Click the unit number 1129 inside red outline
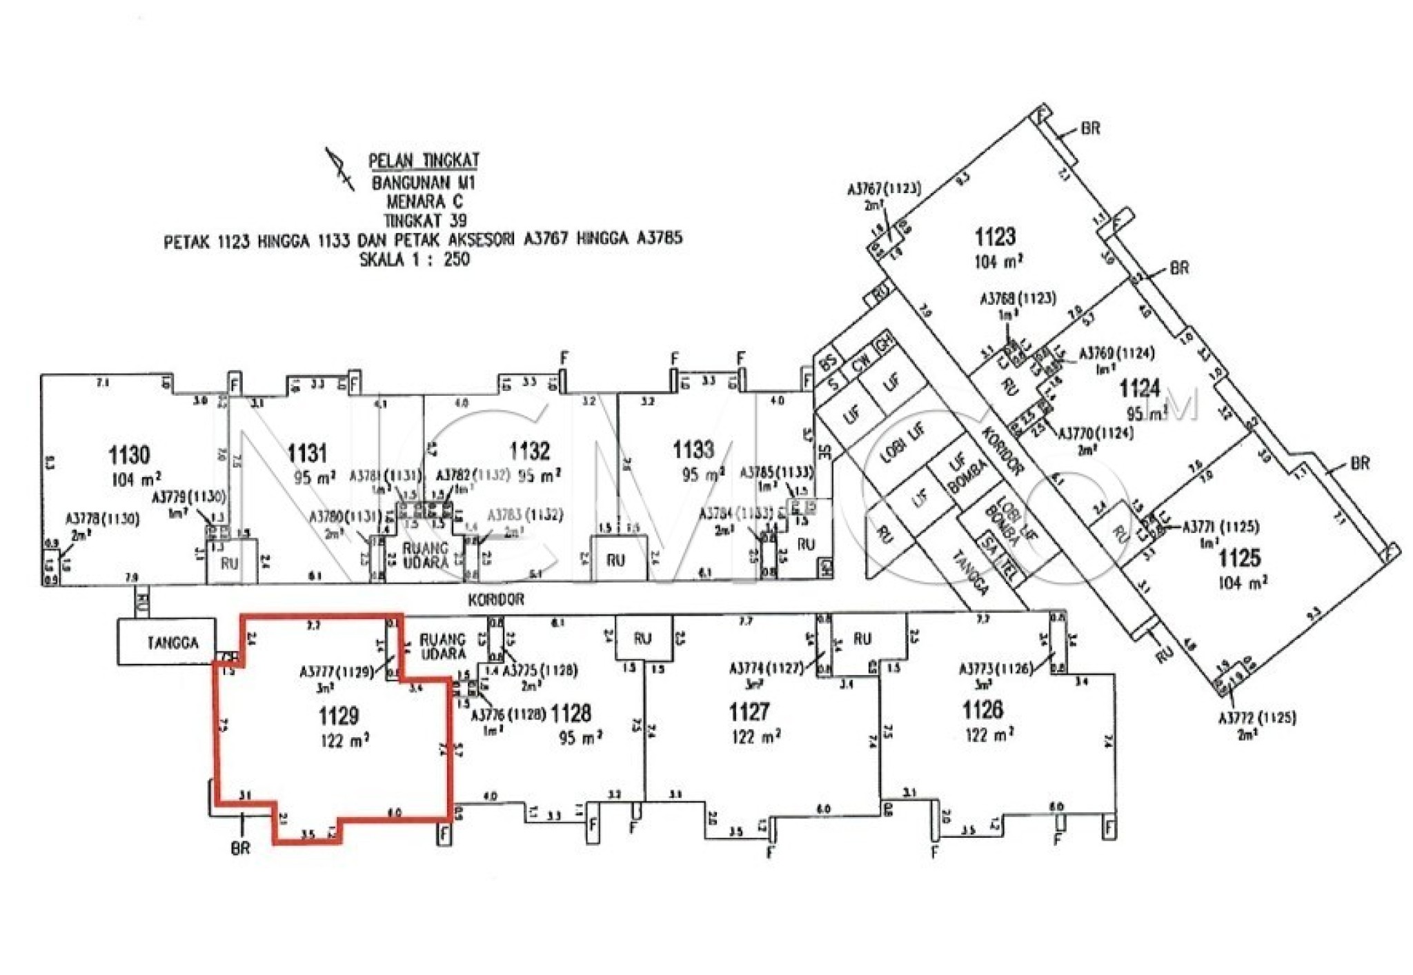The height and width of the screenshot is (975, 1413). (339, 716)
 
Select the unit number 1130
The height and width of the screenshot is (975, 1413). (129, 455)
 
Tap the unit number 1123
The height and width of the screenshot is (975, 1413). (995, 237)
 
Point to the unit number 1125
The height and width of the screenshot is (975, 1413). (1239, 557)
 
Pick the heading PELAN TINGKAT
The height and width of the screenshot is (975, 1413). (424, 161)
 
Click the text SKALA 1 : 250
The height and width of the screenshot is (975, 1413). (415, 260)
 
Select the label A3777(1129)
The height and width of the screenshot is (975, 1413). (337, 671)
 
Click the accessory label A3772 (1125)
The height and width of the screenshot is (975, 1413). (1257, 718)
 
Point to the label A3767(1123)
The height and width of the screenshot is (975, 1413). (884, 188)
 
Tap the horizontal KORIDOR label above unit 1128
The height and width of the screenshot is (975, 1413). (496, 600)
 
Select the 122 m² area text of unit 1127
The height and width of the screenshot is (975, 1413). (755, 736)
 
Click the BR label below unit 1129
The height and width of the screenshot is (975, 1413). (240, 848)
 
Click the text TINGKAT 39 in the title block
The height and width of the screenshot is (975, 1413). (425, 221)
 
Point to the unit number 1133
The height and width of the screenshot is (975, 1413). (693, 450)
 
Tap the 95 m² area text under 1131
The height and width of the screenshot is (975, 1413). (315, 477)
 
